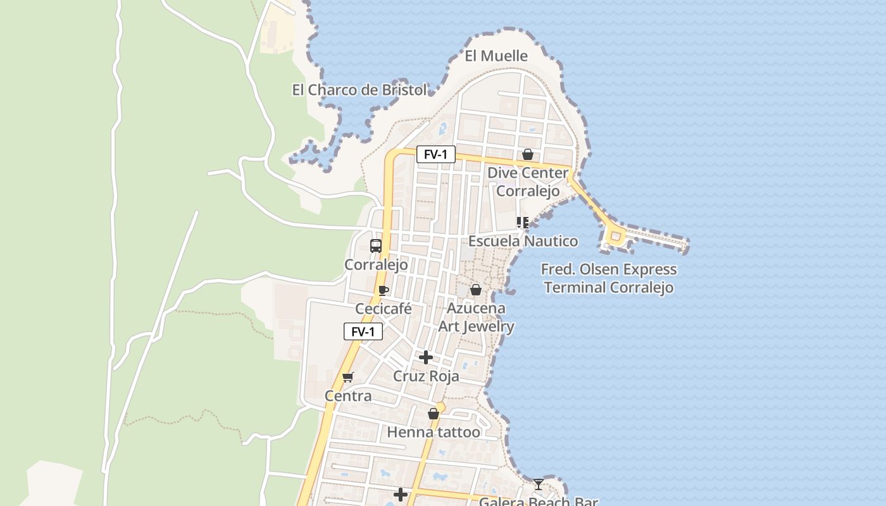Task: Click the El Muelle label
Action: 496,56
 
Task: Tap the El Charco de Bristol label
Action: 359,90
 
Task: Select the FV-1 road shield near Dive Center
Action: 435,154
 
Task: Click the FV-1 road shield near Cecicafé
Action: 363,331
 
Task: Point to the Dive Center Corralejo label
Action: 527,182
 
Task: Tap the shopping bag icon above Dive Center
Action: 527,154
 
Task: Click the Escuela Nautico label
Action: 523,241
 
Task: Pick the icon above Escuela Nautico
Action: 522,222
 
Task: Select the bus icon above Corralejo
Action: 376,245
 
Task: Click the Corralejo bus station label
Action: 376,264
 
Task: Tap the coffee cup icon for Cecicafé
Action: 383,290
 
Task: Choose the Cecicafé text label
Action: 384,309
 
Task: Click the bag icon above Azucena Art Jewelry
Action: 475,290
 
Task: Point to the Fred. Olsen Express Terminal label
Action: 609,278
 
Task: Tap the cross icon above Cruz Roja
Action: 426,358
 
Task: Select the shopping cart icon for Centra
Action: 347,378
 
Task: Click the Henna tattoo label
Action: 434,433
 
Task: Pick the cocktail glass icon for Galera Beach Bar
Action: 538,484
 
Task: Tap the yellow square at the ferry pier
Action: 615,237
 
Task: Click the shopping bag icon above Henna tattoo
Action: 434,414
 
